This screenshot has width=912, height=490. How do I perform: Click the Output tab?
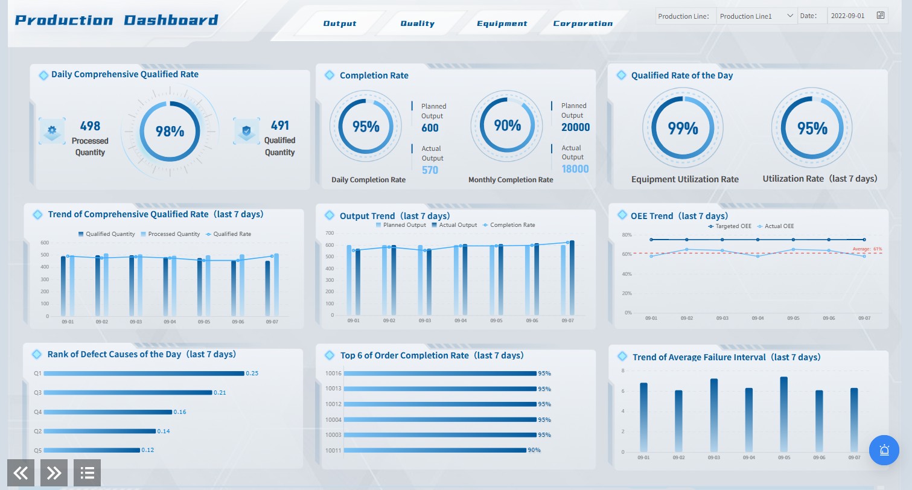[x=340, y=24]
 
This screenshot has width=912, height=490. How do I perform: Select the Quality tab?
[x=417, y=24]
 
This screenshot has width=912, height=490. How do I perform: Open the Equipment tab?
[x=502, y=24]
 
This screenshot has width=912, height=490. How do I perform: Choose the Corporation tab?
[x=582, y=24]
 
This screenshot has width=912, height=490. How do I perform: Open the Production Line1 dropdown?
[x=756, y=16]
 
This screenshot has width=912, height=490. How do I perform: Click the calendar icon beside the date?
[x=881, y=16]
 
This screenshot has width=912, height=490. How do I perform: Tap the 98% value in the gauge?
[x=170, y=131]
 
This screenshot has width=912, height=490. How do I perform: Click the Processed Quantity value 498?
[x=90, y=126]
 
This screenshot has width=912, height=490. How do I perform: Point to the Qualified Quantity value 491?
[x=279, y=126]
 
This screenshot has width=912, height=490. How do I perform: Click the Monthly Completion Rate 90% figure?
[x=507, y=126]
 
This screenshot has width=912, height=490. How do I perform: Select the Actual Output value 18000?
[x=575, y=169]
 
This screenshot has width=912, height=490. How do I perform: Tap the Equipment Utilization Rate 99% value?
[x=683, y=128]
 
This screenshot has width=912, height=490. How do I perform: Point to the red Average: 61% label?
[x=867, y=249]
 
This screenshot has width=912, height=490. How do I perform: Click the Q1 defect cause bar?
[x=144, y=374]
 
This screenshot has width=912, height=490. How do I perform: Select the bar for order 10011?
[x=435, y=450]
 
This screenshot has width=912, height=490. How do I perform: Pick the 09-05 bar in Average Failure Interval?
[x=783, y=414]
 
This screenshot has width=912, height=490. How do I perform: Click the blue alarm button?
[x=884, y=450]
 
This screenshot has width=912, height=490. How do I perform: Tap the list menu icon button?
[x=87, y=473]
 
